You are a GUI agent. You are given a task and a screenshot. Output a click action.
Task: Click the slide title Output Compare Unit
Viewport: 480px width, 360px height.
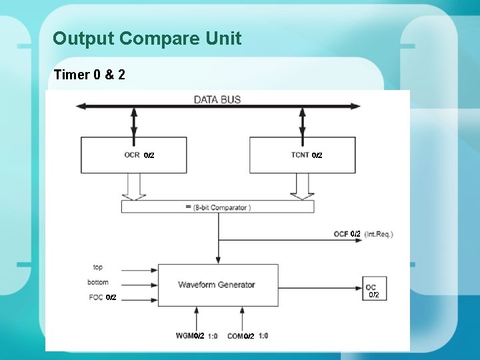pos(147,39)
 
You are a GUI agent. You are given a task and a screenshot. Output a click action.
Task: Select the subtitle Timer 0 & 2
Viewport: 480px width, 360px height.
pos(89,74)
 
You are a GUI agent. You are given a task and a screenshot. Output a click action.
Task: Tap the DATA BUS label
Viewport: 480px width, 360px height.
pos(217,99)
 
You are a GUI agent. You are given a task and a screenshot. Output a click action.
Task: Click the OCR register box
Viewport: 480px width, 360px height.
pos(133,155)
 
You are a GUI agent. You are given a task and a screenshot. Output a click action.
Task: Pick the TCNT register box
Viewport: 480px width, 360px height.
pos(302,155)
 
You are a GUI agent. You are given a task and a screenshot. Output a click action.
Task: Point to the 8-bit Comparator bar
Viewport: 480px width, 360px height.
pos(217,207)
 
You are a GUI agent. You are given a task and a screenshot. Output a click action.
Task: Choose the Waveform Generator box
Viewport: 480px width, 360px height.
pos(217,285)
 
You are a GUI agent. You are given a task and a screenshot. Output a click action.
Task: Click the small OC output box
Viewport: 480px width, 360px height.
pos(371,287)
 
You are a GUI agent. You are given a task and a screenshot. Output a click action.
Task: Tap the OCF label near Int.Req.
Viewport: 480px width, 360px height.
pos(341,234)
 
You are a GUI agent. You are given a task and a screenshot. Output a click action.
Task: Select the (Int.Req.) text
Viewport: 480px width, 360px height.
pos(379,234)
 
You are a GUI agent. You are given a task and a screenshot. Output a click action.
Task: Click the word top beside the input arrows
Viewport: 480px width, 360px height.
pos(98,267)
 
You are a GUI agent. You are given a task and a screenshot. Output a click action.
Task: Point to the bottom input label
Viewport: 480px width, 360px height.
pos(97,282)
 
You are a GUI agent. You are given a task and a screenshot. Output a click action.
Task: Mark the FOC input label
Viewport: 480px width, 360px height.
pos(95,297)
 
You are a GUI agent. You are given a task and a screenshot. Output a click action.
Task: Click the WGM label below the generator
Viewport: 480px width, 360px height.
pos(185,336)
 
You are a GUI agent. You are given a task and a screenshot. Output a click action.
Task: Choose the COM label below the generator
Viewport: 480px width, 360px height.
pos(235,336)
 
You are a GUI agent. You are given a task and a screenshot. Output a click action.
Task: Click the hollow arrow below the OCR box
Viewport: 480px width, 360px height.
pos(134,186)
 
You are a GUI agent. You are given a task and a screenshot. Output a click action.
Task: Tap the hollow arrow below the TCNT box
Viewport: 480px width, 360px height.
pos(302,186)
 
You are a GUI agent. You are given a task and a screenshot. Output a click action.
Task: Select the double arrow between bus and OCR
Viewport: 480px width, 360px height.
pos(134,122)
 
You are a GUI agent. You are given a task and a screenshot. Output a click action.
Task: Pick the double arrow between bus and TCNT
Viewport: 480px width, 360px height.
pos(302,122)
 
